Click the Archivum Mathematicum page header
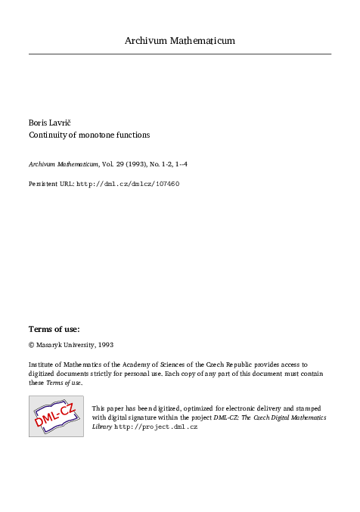click(x=179, y=41)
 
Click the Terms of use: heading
click(x=54, y=329)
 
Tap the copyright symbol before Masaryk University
click(x=32, y=344)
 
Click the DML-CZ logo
click(x=56, y=416)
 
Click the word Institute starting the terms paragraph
click(x=43, y=364)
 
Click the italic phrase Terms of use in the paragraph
click(x=64, y=383)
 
